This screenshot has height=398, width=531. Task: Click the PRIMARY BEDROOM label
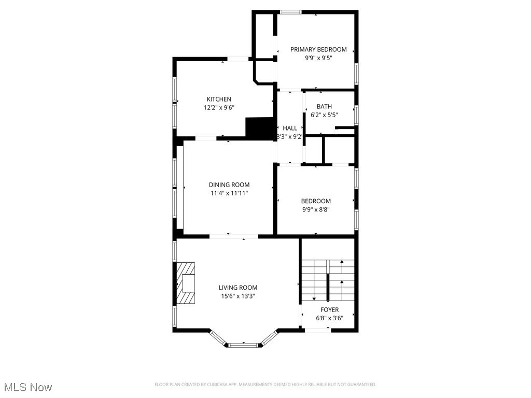coord(318,49)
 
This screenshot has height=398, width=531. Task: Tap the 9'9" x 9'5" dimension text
coord(318,58)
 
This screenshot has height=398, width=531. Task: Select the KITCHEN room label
coord(219,99)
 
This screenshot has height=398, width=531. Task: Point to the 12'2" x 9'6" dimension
coord(219,108)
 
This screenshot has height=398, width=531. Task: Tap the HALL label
coord(290,128)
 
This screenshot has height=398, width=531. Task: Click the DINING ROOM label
coord(229,184)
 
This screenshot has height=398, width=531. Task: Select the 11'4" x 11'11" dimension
coord(229,193)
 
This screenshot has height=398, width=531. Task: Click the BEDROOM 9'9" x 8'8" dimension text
coord(316,210)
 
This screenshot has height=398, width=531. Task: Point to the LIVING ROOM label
coord(237,288)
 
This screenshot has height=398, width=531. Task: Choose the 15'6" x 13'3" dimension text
coord(237,296)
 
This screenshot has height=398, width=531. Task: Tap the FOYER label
coord(329,310)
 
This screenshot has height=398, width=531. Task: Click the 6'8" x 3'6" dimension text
coord(329,318)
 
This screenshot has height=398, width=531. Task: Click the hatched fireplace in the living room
coord(185,283)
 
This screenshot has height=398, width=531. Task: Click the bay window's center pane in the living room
coord(243,344)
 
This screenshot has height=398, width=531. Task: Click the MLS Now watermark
coord(28,387)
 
